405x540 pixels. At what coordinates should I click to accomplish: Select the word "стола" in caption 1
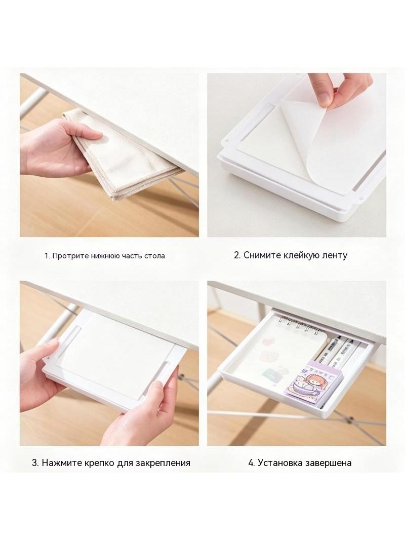[155, 256]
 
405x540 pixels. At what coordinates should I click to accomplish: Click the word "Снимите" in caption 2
[262, 255]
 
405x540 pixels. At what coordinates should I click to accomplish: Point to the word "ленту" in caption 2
[335, 255]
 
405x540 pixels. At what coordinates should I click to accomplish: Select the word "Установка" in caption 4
[281, 462]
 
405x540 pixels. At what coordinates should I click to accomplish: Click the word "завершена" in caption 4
[329, 463]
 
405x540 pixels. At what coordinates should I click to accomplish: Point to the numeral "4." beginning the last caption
[252, 463]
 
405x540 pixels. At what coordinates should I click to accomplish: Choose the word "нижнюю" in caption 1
[105, 256]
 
